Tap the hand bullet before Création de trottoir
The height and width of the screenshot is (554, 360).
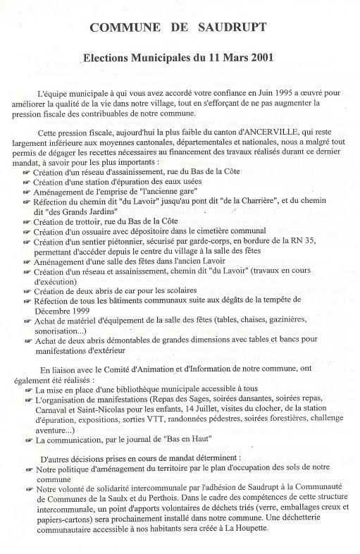pyautogui.click(x=27, y=223)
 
